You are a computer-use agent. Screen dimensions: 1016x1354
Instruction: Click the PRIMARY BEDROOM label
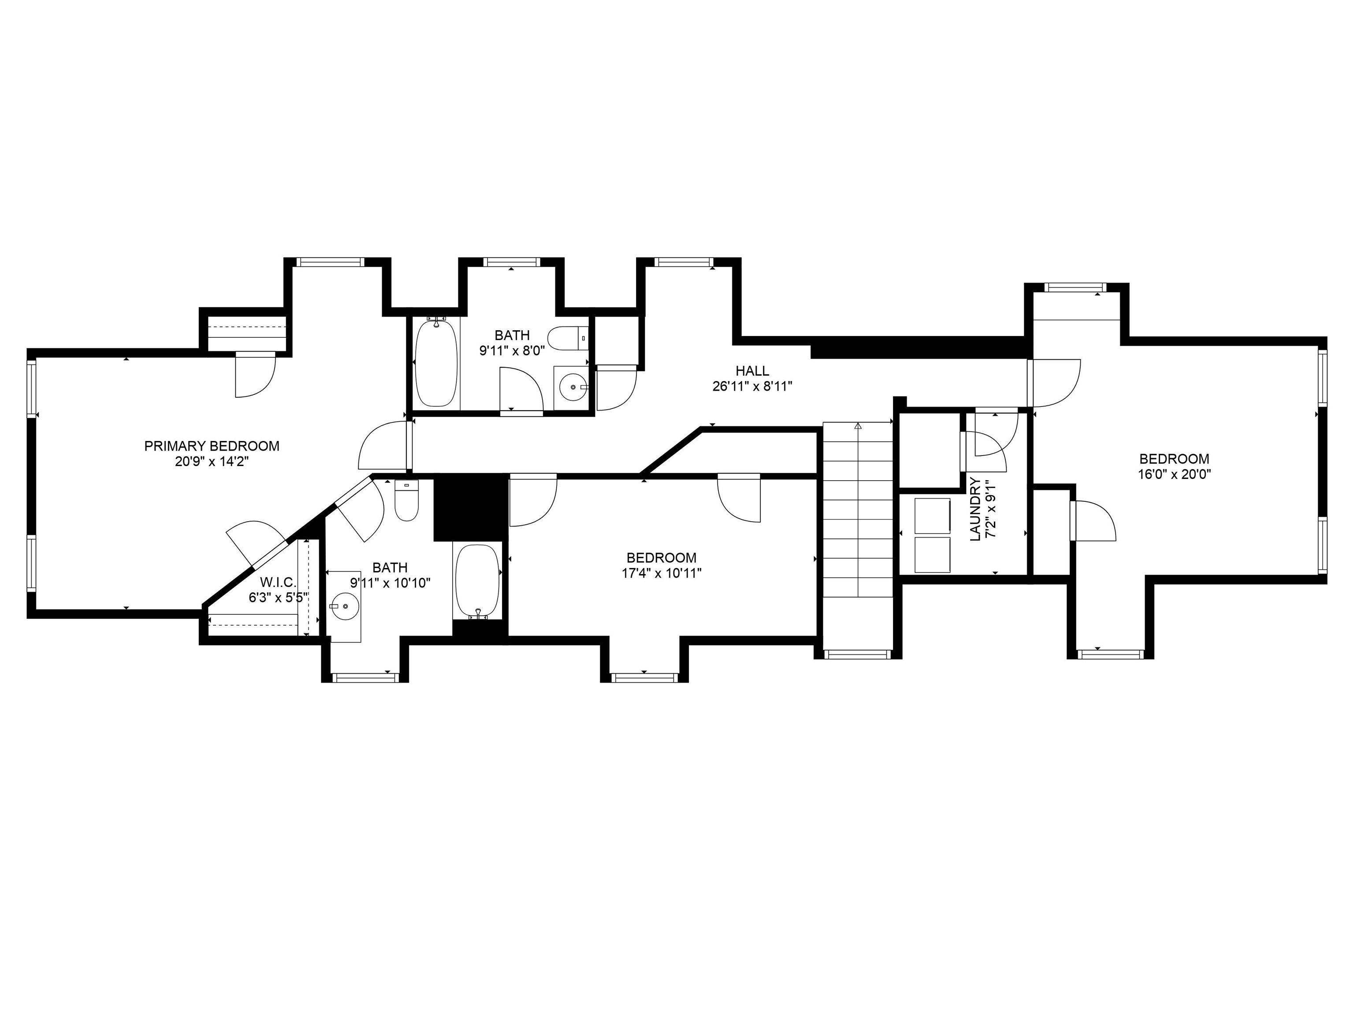click(212, 446)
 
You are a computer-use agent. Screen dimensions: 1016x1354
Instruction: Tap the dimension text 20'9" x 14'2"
click(212, 462)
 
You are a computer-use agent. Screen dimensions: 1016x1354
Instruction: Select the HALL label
click(752, 370)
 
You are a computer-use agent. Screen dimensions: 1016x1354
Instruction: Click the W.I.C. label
click(278, 582)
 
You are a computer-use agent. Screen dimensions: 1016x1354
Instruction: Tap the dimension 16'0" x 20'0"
click(1174, 474)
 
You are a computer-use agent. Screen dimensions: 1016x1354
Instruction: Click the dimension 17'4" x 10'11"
click(661, 573)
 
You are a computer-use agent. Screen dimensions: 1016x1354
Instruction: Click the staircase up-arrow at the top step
click(858, 425)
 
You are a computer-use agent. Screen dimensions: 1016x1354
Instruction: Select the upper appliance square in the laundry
click(932, 515)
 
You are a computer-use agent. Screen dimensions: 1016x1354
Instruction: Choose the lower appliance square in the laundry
click(932, 555)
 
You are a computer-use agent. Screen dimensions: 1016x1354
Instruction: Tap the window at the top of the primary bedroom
click(330, 262)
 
